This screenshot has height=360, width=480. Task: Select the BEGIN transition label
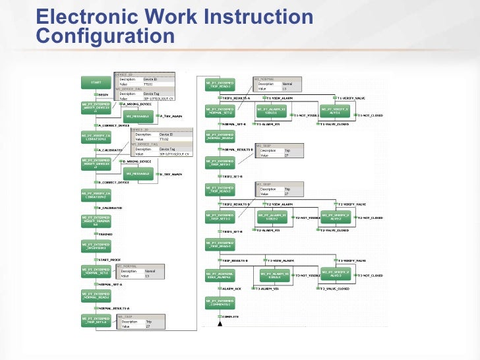point(104,94)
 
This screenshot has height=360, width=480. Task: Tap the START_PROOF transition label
point(109,260)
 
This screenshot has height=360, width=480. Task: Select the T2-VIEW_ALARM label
point(280,204)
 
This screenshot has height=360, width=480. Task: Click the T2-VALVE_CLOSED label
point(335,231)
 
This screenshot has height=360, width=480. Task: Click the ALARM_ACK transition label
point(232,289)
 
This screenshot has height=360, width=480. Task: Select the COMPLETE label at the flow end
point(230,316)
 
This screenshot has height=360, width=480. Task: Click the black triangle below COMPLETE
point(220,323)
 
